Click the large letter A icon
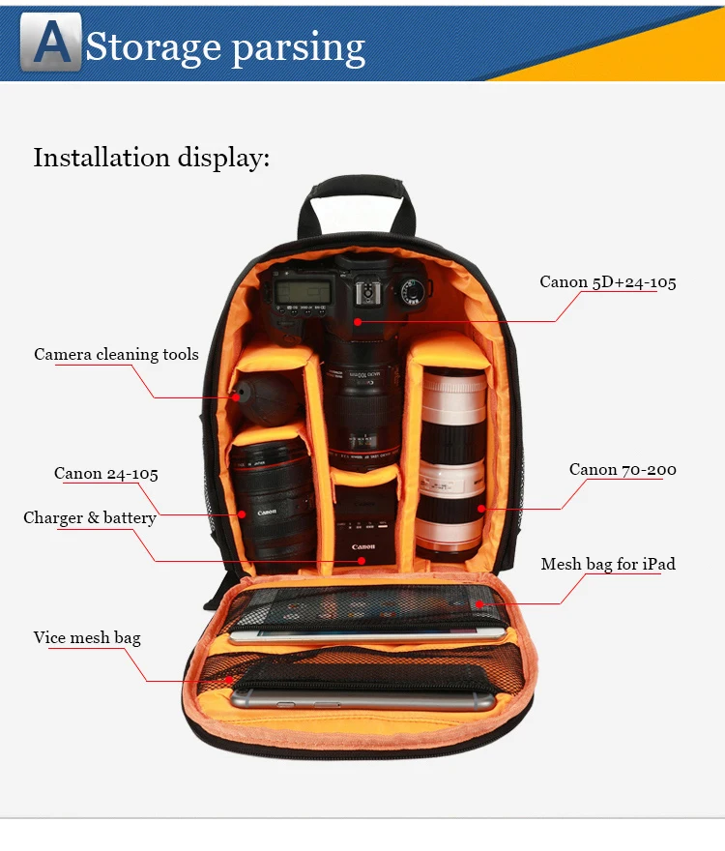57,43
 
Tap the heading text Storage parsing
225,46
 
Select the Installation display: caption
152,158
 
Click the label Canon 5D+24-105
607,282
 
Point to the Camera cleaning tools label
116,355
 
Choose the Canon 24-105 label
106,474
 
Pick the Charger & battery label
90,518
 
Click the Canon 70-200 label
623,470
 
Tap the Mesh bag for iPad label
608,565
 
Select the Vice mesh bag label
87,638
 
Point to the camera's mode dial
414,287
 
